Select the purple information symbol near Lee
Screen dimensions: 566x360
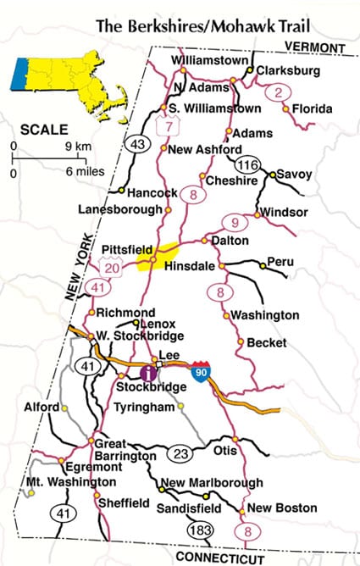(x=149, y=371)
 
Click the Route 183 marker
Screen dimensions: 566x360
(x=200, y=529)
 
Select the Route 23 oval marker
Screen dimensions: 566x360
(x=178, y=452)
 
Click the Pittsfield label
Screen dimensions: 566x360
(x=125, y=249)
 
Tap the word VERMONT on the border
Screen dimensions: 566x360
(x=315, y=46)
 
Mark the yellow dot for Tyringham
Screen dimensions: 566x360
(x=180, y=407)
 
